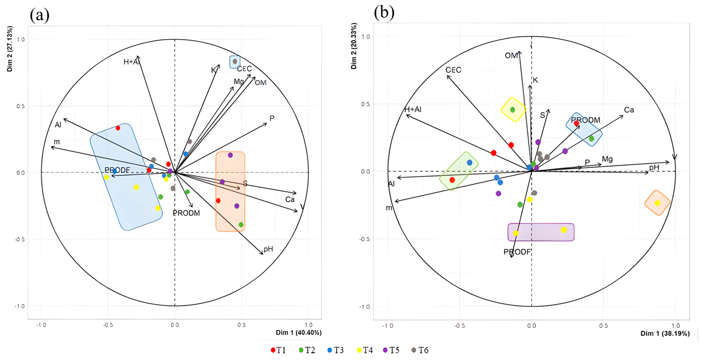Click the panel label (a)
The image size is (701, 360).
(x=40, y=15)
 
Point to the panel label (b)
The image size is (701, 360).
(x=384, y=13)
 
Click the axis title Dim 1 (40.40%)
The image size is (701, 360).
(x=299, y=333)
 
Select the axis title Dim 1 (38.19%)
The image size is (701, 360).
(x=665, y=334)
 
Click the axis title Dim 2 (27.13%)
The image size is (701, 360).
(x=10, y=49)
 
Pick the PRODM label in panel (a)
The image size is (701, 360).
(x=186, y=213)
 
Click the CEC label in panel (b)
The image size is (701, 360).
(x=453, y=70)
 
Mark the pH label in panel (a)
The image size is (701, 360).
(x=268, y=249)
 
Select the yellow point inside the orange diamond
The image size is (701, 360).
(x=657, y=203)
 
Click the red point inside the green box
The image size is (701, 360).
(x=452, y=180)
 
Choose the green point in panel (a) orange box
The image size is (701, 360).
(x=241, y=225)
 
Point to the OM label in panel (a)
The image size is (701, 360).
(x=260, y=83)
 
